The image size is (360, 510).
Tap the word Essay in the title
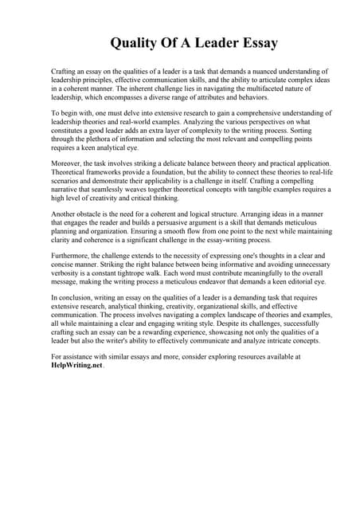[x=254, y=42]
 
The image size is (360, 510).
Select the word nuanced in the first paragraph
[x=245, y=71]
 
